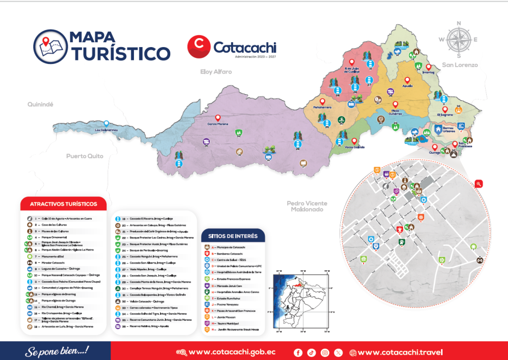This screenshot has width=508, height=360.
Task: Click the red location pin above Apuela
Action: [x=407, y=80]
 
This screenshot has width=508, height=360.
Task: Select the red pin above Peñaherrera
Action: [x=322, y=101]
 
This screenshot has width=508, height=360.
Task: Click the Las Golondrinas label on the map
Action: [x=106, y=130]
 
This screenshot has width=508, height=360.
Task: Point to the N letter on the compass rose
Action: [x=459, y=23]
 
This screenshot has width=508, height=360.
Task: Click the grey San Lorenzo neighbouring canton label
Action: [x=460, y=65]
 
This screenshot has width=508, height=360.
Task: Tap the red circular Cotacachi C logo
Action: [x=198, y=46]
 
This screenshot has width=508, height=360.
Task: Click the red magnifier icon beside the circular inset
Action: [x=479, y=183]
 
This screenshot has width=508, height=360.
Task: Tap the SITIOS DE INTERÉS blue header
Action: [x=233, y=235]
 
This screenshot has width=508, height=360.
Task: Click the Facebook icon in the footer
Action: [x=298, y=353]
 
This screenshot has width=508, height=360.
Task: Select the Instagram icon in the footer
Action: [x=325, y=353]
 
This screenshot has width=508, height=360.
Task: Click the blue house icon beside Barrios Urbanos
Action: [x=438, y=129]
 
